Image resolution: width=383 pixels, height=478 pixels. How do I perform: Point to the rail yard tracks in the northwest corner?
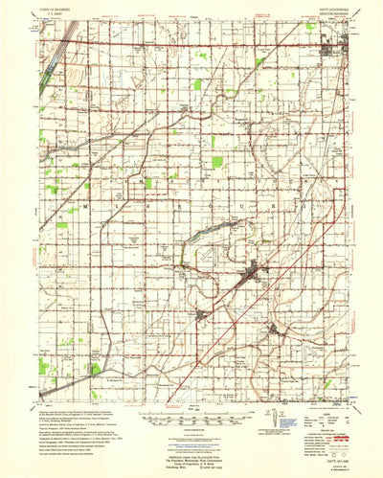point(53,57)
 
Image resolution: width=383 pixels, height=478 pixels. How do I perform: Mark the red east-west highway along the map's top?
point(191,42)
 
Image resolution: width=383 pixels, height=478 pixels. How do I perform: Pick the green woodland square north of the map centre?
point(198,85)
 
